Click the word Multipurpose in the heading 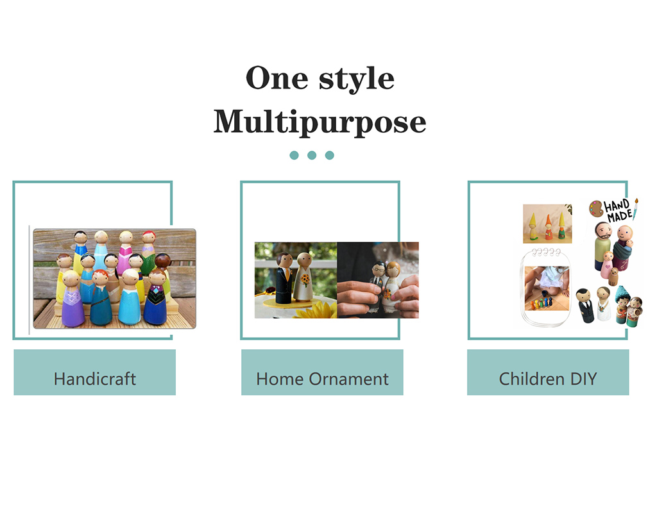click(320, 122)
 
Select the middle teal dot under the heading click(312, 155)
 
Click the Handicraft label click(94, 378)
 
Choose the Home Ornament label click(322, 378)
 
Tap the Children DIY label click(548, 378)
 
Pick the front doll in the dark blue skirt click(155, 303)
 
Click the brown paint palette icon click(596, 209)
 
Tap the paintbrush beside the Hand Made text click(636, 209)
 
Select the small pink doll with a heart click(606, 265)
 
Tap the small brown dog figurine click(614, 276)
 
